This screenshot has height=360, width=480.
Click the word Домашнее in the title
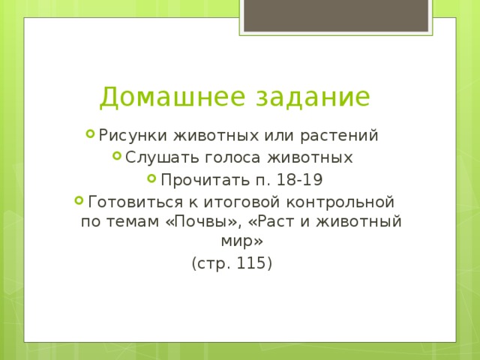pyautogui.click(x=172, y=97)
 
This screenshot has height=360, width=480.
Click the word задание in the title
pyautogui.click(x=313, y=97)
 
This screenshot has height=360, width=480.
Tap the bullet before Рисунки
pyautogui.click(x=90, y=133)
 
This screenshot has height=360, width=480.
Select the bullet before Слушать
pyautogui.click(x=117, y=156)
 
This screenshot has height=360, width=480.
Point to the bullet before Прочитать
pyautogui.click(x=151, y=178)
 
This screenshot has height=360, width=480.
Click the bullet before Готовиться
pyautogui.click(x=79, y=200)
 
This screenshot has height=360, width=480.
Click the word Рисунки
pyautogui.click(x=133, y=136)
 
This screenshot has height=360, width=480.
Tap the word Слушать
pyautogui.click(x=162, y=158)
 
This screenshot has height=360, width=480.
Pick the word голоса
pyautogui.click(x=232, y=158)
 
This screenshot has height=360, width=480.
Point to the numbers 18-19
pyautogui.click(x=299, y=180)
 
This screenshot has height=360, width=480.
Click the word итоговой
pyautogui.click(x=241, y=202)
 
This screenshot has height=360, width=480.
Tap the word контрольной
pyautogui.click(x=340, y=202)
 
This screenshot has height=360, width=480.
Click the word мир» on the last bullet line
pyautogui.click(x=241, y=241)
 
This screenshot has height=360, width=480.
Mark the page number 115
pyautogui.click(x=250, y=263)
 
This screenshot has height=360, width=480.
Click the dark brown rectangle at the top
pyautogui.click(x=336, y=15)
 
